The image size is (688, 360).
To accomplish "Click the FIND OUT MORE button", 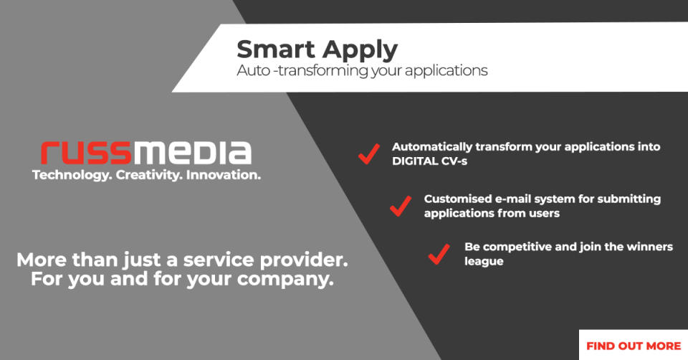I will point(633,345).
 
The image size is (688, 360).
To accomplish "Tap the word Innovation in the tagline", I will point(223,175).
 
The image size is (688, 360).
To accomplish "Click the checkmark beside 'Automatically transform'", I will point(369,153).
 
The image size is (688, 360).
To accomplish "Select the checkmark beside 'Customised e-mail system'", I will point(401,206).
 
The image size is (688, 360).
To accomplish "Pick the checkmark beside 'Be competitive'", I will point(439,254).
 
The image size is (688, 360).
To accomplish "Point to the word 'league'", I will point(484,262).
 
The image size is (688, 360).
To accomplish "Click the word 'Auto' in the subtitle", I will point(251,71).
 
